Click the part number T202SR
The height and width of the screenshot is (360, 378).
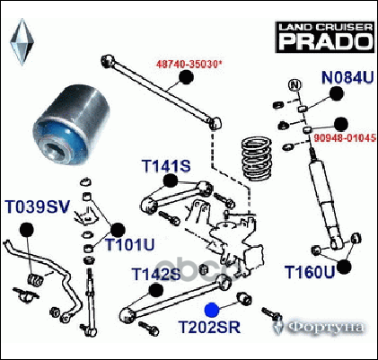click(209, 327)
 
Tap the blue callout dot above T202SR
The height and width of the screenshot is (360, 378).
click(212, 310)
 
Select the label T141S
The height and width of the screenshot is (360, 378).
click(166, 166)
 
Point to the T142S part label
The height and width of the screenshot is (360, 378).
click(156, 274)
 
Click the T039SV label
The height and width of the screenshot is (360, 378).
click(38, 206)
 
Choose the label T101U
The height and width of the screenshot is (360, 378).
click(129, 245)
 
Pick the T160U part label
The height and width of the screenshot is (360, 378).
click(309, 272)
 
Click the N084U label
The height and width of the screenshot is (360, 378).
click(347, 77)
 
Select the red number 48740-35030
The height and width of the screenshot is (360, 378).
click(189, 64)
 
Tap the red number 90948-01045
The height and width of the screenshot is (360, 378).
click(345, 138)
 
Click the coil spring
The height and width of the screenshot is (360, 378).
click(256, 158)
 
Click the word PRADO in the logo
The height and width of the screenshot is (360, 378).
click(325, 40)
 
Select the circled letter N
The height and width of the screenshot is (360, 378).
click(294, 85)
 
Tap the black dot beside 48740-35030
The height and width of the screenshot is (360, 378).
click(187, 77)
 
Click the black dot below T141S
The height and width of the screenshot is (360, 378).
click(171, 180)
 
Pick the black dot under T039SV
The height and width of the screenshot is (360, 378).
click(27, 230)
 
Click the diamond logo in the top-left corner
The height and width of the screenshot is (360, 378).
click(22, 41)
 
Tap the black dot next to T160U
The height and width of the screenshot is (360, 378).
click(344, 267)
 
